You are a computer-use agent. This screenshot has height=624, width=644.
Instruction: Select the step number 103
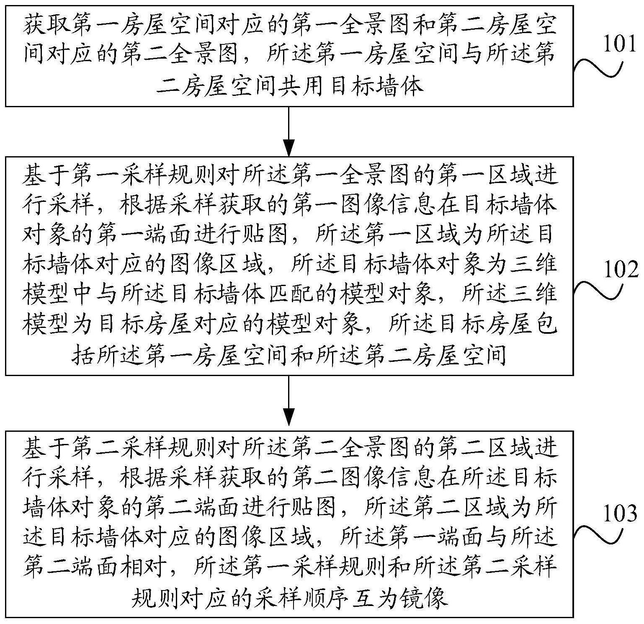click(620, 513)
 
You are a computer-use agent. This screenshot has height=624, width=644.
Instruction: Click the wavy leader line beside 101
click(599, 69)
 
